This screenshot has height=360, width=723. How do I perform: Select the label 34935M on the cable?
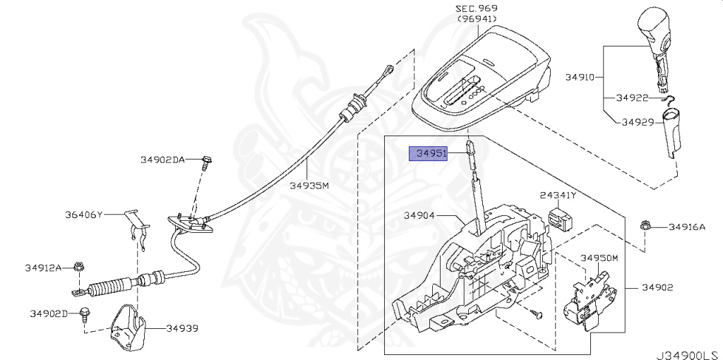pos(309,186)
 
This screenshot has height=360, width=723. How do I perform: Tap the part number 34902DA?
pos(162,160)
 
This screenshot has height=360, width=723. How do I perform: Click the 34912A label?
pos(43,268)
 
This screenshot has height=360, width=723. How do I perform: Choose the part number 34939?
pos(182,328)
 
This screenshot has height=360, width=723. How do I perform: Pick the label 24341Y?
pos(558,196)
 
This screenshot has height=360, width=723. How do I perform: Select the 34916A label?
pos(687,227)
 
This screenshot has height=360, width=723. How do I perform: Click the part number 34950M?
pos(599,258)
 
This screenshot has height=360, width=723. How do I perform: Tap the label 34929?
pos(638,122)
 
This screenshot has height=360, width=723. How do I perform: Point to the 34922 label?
pos(632,97)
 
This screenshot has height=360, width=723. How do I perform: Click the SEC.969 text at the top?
pos(477,8)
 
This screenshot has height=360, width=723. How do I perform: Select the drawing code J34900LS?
pos(689,355)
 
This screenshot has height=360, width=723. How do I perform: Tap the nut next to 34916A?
pos(645,227)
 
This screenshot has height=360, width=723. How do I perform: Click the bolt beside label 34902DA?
pos(206,164)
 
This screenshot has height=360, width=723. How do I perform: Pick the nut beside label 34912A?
pos(79,268)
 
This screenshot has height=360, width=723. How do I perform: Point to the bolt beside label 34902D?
pos(85,314)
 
